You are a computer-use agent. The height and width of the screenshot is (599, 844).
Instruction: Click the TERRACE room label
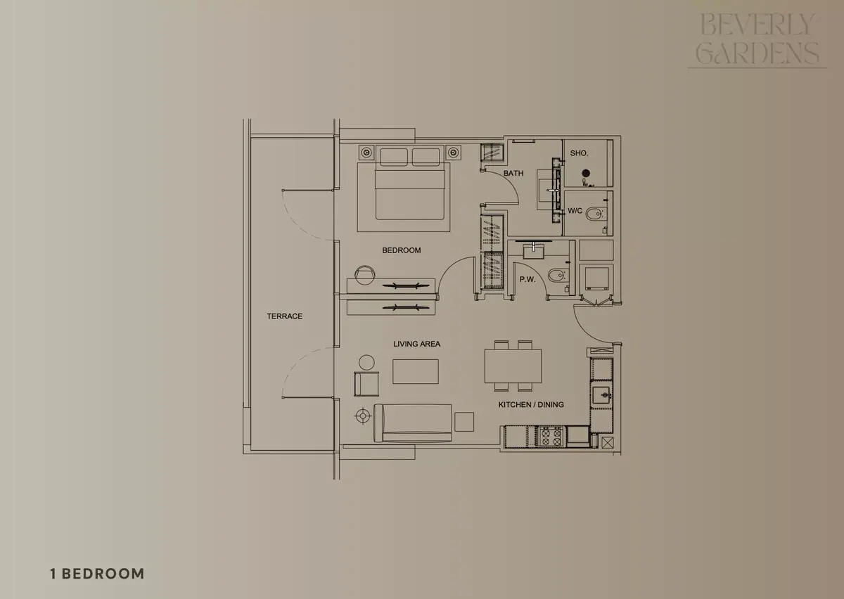[x=284, y=316]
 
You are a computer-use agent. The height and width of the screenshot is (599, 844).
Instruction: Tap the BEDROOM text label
[x=402, y=250]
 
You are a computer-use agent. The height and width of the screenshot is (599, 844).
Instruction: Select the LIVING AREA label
[x=416, y=344]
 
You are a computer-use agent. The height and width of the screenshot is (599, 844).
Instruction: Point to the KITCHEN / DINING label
[x=531, y=404]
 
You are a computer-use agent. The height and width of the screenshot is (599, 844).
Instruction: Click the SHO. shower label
[x=579, y=153]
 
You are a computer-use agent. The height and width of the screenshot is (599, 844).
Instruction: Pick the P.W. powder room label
[x=527, y=279]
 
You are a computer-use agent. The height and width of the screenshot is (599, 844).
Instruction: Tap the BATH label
[x=513, y=173]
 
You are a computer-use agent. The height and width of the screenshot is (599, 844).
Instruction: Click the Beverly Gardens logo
[x=757, y=40]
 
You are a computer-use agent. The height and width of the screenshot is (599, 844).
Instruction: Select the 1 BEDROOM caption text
[x=97, y=574]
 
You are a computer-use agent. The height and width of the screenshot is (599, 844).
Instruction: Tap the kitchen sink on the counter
[x=601, y=395]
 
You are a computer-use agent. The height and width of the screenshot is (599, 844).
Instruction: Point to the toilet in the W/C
[x=594, y=214]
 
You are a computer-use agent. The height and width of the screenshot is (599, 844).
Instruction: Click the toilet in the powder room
[x=556, y=275]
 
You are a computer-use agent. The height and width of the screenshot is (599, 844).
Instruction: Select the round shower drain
[x=585, y=173]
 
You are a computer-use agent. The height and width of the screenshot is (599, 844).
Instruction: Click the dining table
[x=513, y=366]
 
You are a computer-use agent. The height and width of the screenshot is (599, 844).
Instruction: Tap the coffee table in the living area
[x=415, y=371]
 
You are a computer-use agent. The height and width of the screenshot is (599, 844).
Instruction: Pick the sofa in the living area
[x=413, y=423]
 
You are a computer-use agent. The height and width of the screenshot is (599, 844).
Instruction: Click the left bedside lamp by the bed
[x=366, y=153]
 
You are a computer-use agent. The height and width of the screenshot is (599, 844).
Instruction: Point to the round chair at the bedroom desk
[x=365, y=275]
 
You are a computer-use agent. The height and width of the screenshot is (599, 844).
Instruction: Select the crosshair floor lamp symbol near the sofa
[x=363, y=416]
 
